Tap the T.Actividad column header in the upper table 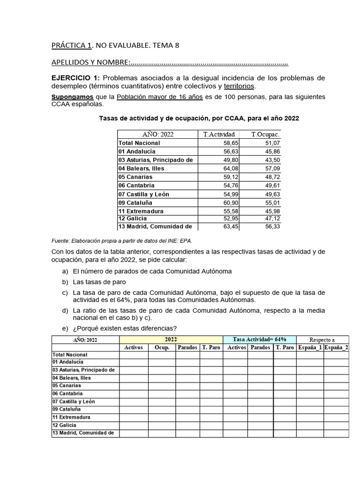[219, 135]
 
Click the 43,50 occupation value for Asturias [270, 160]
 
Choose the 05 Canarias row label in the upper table [135, 177]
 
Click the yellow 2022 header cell [171, 339]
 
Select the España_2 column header [336, 347]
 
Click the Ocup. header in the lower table [162, 347]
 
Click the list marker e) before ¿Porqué [64, 328]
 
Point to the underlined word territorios [240, 86]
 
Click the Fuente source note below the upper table [125, 241]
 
